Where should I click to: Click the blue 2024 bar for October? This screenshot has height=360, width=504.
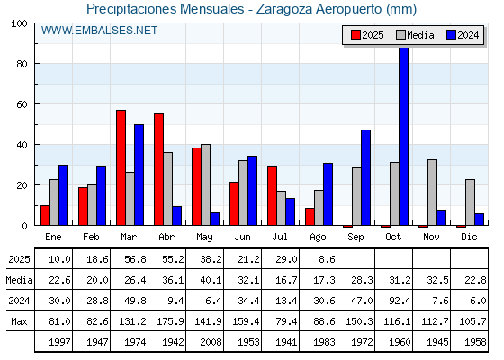click(403, 136)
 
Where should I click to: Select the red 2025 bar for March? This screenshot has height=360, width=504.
click(121, 167)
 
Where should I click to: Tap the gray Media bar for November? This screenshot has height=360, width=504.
click(432, 193)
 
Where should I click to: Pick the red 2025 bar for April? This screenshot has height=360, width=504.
click(158, 169)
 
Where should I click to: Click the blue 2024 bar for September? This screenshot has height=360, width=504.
click(365, 177)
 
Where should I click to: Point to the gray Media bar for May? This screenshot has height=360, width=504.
click(206, 184)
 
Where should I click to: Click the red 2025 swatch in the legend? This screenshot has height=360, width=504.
click(355, 35)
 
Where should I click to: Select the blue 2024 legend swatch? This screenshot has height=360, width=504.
click(451, 35)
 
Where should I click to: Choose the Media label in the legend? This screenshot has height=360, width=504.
click(420, 35)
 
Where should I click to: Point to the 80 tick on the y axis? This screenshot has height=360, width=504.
click(22, 64)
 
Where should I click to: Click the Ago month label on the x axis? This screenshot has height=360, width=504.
click(318, 238)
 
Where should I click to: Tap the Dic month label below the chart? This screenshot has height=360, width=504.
click(469, 237)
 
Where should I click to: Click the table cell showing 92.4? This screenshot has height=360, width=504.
click(400, 301)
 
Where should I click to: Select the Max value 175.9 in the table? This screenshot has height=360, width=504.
click(170, 321)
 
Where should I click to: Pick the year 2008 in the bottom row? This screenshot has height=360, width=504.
click(211, 342)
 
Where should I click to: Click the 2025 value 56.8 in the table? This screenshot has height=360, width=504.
click(135, 259)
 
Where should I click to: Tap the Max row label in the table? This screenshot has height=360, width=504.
click(19, 321)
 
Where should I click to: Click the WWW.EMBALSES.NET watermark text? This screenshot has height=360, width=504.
click(99, 31)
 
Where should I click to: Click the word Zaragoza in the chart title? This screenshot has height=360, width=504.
click(284, 9)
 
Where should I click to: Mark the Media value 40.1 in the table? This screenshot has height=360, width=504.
click(211, 280)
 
